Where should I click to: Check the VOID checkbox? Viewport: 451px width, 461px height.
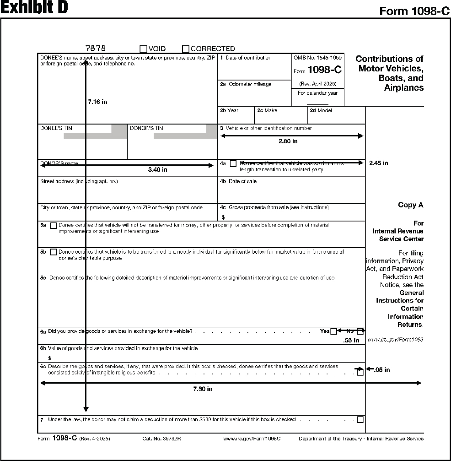coord(144,49)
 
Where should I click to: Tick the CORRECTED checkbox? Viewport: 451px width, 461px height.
coord(186,49)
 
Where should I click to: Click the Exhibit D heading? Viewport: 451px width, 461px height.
coord(34,8)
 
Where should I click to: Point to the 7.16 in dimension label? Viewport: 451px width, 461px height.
coord(97,102)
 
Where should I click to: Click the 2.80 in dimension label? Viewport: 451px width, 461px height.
coord(288,141)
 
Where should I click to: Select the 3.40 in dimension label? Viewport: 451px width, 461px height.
coord(158,170)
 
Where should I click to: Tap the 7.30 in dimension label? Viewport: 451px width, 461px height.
coord(203,389)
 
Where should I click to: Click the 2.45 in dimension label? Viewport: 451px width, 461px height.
coord(378,163)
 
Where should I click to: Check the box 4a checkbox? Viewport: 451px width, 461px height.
coord(233,163)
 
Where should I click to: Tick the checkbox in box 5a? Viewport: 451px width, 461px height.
coord(54,225)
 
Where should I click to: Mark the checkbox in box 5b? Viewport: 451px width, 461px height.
coord(54,252)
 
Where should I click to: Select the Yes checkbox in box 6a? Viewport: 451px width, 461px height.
coord(333,331)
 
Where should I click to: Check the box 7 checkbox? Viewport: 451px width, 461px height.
coord(360,420)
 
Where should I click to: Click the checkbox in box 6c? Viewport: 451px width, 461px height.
coord(360,372)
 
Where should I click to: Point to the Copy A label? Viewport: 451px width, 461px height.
coord(410,205)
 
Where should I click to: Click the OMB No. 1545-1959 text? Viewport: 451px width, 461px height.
coord(317,58)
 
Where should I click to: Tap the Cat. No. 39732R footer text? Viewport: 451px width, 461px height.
coord(161,439)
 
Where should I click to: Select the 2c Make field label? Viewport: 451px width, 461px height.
coord(267,110)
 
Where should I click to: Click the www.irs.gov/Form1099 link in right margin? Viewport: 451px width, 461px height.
coord(395,340)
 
